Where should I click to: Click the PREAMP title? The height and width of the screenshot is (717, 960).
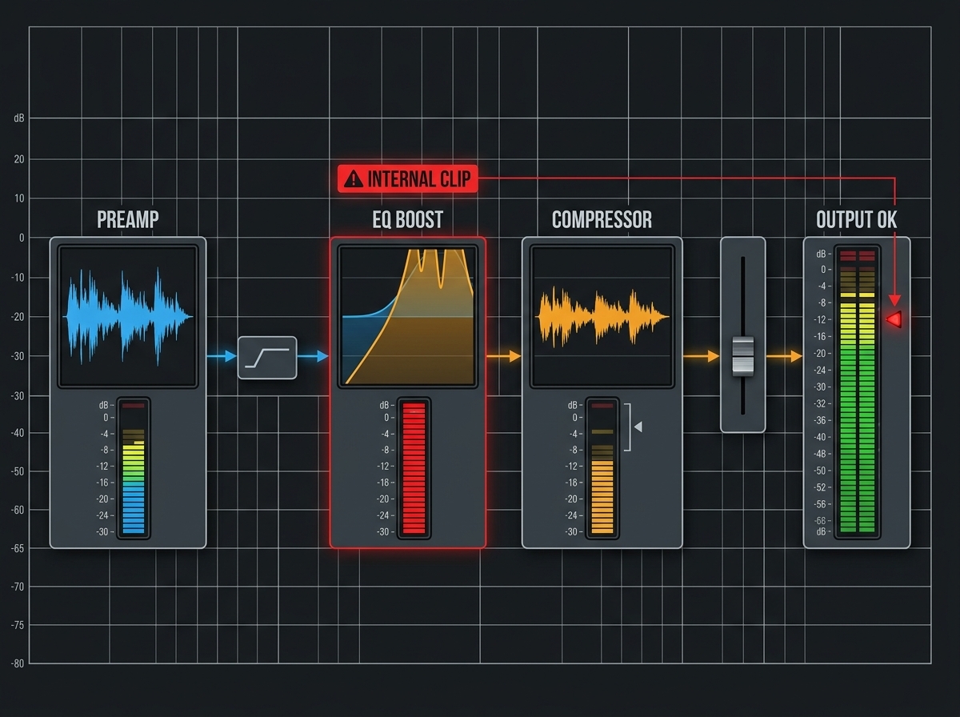click(128, 219)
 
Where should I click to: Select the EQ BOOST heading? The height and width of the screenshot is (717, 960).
click(408, 219)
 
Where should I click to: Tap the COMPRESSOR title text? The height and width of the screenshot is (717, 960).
click(602, 219)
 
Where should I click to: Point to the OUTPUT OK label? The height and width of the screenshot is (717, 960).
click(856, 219)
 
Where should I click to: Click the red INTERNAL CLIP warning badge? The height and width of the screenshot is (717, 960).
click(408, 178)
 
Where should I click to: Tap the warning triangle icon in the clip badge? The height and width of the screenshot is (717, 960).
click(354, 179)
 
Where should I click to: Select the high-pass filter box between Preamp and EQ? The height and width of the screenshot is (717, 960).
click(267, 358)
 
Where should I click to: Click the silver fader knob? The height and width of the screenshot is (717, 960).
click(743, 356)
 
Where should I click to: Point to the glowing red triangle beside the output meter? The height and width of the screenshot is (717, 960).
click(894, 319)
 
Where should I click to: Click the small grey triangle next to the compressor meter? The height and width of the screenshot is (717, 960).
click(638, 427)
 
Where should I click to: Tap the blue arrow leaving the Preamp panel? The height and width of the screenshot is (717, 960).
click(222, 356)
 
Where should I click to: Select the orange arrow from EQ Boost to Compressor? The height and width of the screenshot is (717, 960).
click(503, 356)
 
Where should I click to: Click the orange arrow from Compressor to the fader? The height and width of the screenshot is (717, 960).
click(701, 356)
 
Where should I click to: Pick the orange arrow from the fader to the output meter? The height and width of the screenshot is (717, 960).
click(784, 356)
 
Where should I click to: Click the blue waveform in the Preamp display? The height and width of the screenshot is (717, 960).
click(128, 316)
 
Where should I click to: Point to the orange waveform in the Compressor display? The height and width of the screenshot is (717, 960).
click(602, 316)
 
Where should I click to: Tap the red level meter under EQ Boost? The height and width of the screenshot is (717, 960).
click(414, 468)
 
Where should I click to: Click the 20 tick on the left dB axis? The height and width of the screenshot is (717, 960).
click(19, 159)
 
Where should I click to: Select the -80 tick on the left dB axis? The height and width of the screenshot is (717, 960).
click(18, 663)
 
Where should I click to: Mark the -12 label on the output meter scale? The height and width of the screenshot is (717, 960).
click(820, 320)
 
